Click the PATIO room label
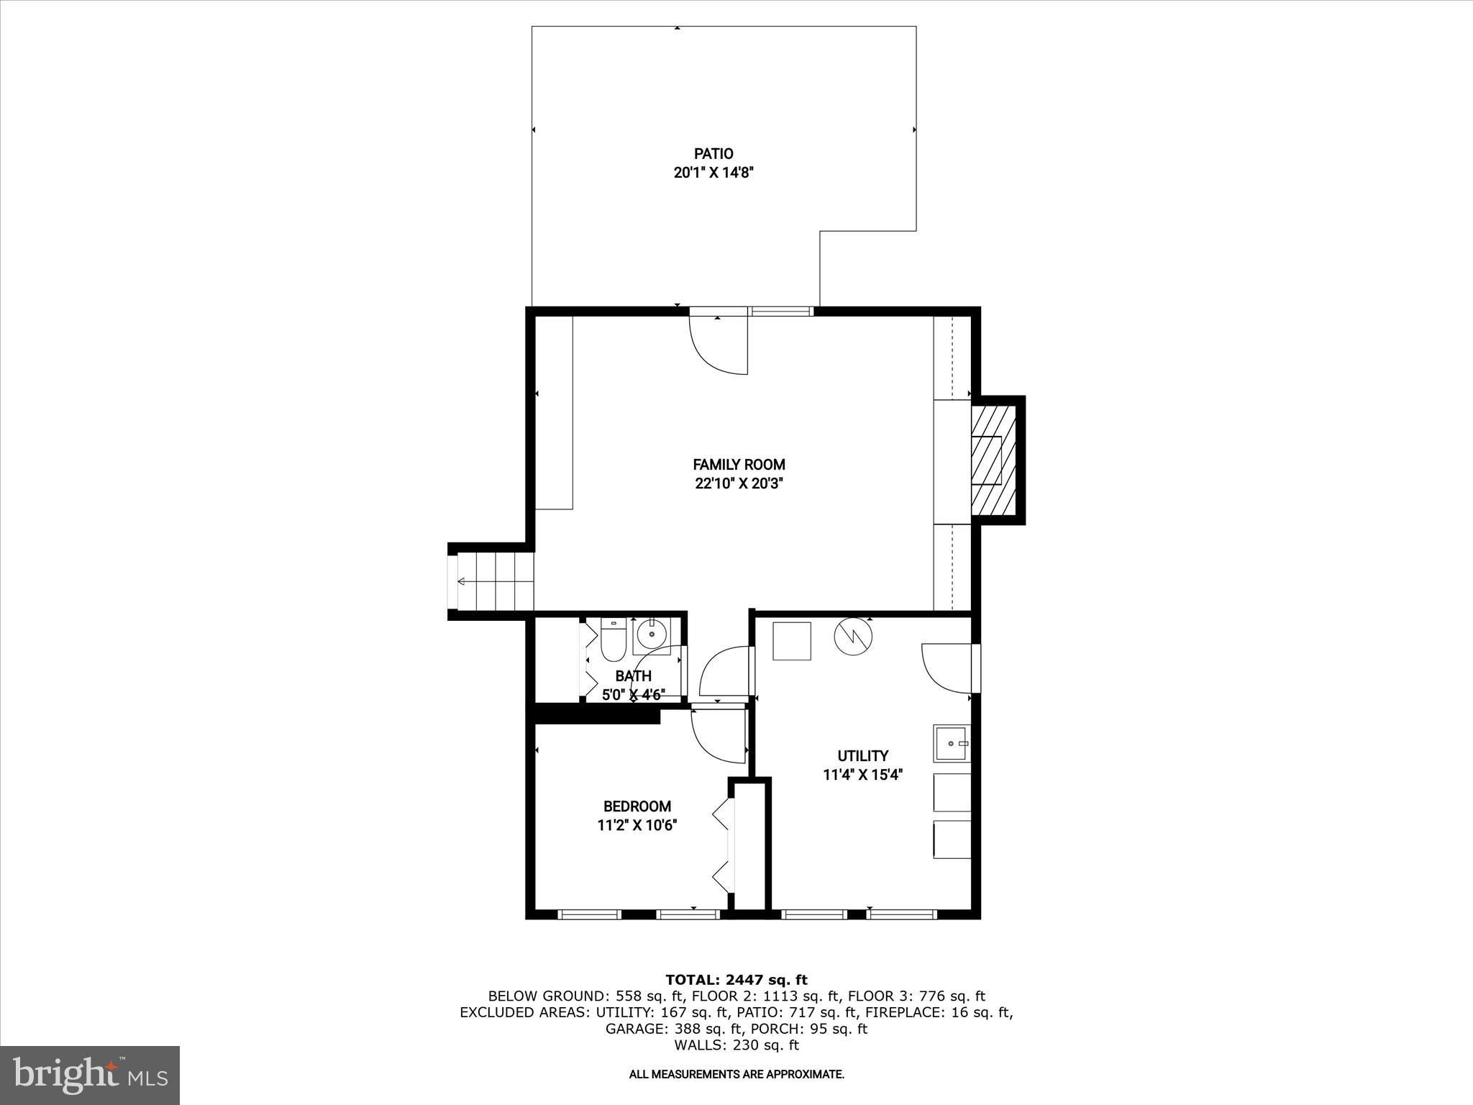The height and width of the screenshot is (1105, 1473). coord(713,153)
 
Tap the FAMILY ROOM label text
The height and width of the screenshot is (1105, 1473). coord(739,465)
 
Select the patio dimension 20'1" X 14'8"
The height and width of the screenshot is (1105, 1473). coord(713,173)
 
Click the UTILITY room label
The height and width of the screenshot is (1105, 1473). coord(862,755)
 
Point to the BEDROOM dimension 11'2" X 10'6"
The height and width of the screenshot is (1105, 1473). coord(637,825)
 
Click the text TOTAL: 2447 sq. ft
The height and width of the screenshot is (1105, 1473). coord(736,980)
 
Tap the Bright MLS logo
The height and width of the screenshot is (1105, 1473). coord(90,1075)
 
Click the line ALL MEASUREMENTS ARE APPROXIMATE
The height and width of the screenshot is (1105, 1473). coord(736,1075)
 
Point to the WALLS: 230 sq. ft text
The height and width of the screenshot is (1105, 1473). coord(736,1045)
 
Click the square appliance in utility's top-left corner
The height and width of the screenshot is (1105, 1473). coord(792,641)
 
